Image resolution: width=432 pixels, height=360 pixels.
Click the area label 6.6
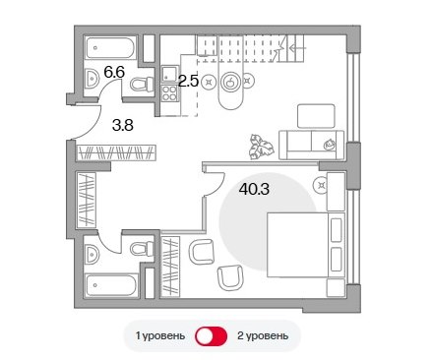[x=114, y=72]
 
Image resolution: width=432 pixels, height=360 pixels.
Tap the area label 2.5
[x=188, y=81]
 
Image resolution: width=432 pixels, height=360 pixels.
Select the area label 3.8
[x=123, y=125]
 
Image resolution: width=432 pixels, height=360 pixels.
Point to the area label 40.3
[x=254, y=189]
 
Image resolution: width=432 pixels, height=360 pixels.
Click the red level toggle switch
[x=212, y=336]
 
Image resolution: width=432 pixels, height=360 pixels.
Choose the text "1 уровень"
[x=160, y=336]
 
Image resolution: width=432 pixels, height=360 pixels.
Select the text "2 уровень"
[x=263, y=336]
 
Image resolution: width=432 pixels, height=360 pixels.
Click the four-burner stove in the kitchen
[x=169, y=92]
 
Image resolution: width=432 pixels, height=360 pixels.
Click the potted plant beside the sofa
[x=261, y=147]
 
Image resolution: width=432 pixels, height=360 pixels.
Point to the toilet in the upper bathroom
[x=142, y=84]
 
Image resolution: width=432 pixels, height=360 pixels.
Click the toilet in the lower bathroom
[x=142, y=249]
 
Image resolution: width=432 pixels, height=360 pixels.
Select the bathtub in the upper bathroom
[x=110, y=48]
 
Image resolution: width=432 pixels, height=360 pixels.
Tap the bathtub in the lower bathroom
[x=110, y=285]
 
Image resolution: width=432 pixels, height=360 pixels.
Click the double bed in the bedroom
[x=306, y=245]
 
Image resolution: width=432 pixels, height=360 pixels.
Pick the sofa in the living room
[x=311, y=146]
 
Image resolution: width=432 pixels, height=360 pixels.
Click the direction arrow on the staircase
[x=298, y=48]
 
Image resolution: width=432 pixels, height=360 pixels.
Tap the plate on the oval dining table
[x=231, y=81]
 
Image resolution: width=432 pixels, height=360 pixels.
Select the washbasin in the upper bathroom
[x=93, y=79]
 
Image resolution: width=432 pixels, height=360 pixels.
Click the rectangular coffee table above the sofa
[x=316, y=116]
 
